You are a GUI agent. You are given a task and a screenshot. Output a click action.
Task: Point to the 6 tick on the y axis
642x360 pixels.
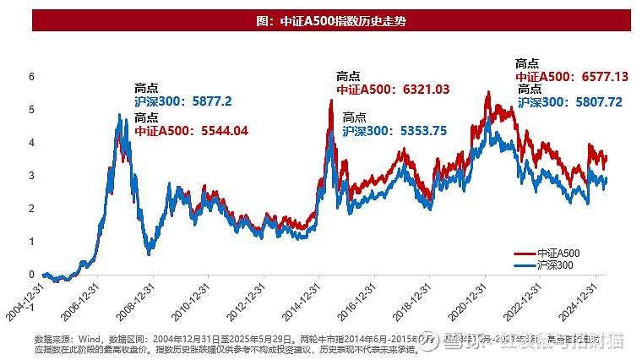(x=31, y=76)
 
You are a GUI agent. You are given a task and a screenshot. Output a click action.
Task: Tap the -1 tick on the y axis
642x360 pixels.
(x=30, y=307)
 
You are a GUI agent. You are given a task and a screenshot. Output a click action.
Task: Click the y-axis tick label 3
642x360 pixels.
(x=31, y=175)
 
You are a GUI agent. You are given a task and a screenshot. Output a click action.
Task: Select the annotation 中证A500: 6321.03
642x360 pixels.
(x=393, y=90)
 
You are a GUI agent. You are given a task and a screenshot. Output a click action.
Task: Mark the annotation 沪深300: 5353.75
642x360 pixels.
(x=394, y=130)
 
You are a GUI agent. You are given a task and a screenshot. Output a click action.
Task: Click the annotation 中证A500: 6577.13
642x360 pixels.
(x=572, y=76)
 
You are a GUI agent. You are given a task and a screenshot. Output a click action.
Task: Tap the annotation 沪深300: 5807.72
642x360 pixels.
(x=569, y=101)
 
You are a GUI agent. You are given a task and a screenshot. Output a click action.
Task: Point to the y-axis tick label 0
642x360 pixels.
(x=31, y=274)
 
